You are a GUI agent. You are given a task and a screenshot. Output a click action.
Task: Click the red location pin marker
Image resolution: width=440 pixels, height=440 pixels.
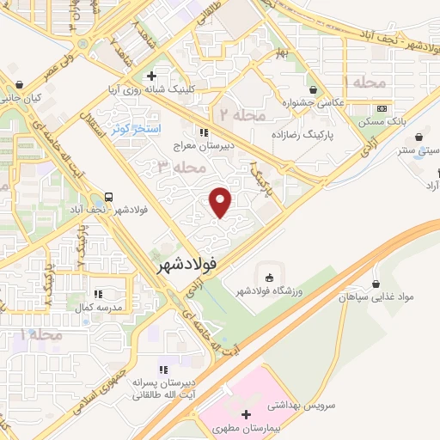pos(222,202)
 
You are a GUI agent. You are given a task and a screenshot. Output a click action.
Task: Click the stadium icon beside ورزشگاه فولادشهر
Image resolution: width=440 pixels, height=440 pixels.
pos(270,277)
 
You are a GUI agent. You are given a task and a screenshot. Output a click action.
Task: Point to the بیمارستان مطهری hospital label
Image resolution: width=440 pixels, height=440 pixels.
pos(247,426)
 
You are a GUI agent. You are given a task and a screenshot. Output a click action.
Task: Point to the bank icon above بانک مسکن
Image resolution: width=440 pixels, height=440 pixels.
pos(381,109)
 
